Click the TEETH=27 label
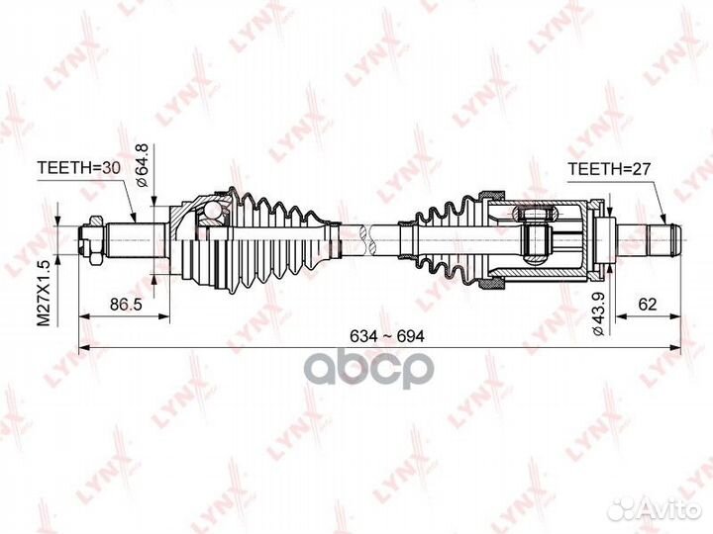coord(607,169)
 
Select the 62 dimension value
coord(649,305)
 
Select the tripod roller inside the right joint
coord(535,237)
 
